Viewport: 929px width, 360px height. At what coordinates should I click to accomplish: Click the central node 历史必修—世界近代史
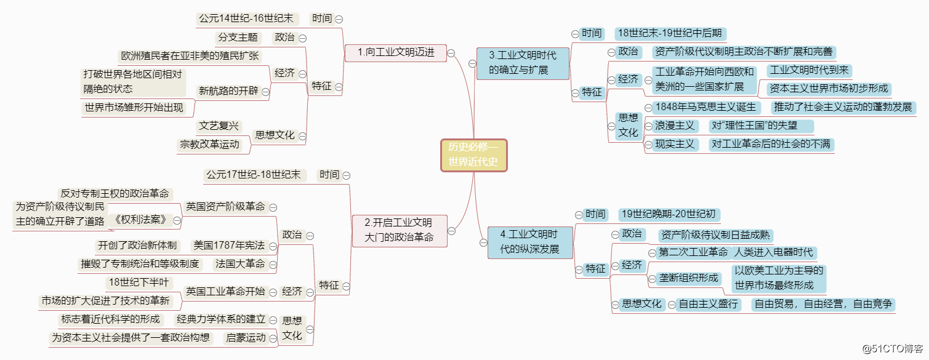tap(473, 155)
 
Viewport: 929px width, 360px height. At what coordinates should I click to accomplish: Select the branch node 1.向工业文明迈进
tap(396, 53)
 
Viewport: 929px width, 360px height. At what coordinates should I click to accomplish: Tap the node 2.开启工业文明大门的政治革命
tap(398, 230)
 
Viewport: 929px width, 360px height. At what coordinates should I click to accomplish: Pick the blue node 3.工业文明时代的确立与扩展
tap(522, 63)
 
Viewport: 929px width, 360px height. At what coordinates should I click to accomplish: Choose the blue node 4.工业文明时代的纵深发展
tap(529, 242)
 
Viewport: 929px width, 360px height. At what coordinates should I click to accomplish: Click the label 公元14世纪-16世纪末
tap(245, 19)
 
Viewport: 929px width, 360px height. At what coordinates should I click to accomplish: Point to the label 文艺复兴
tap(219, 126)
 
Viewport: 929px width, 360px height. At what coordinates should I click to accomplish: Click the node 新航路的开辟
tap(228, 91)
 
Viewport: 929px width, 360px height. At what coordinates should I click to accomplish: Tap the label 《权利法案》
tap(140, 220)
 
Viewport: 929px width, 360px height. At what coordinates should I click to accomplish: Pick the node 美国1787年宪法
tap(228, 246)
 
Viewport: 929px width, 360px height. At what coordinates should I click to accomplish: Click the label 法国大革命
tap(240, 264)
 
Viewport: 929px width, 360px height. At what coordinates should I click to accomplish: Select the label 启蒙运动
tap(246, 337)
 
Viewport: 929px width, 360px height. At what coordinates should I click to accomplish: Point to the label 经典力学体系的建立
tap(221, 319)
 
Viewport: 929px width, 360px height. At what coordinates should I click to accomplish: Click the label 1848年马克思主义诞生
tap(705, 107)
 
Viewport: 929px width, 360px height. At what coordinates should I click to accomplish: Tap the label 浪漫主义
tap(674, 126)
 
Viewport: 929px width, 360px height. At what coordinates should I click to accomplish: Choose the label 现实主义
tap(674, 145)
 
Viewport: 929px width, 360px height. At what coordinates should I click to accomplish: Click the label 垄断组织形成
tap(688, 278)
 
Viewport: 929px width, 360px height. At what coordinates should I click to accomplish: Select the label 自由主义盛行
tap(707, 304)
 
